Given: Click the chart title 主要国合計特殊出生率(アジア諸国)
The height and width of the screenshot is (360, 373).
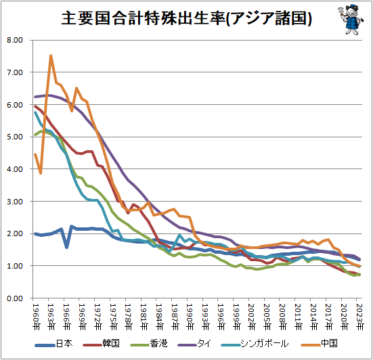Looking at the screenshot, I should (186, 18).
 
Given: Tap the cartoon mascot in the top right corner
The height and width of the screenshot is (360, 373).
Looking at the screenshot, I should (350, 20).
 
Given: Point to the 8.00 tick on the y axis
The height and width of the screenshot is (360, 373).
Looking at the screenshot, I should (14, 40).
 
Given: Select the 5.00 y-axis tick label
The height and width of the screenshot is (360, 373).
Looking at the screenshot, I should (14, 137).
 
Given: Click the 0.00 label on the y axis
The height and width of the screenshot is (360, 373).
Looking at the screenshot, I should (14, 298).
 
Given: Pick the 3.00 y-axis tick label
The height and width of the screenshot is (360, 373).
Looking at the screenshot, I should (14, 202).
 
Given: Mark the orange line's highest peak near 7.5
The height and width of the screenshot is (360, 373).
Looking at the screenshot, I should (51, 56).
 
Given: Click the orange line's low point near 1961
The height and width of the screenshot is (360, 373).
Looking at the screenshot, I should (41, 173).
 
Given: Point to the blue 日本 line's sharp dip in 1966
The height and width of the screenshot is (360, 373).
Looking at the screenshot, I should (66, 247).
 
